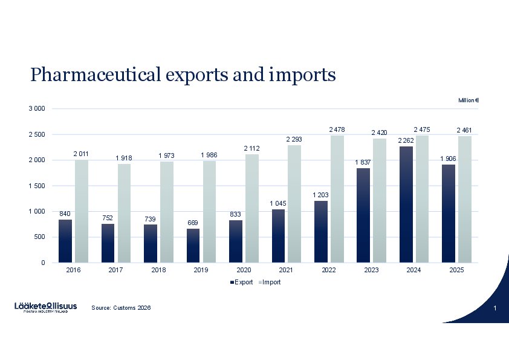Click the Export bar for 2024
(x=406, y=205)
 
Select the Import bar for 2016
(x=82, y=211)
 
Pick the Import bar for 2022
(x=337, y=199)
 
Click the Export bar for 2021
(x=278, y=236)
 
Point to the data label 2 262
(x=406, y=140)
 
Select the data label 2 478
(x=337, y=129)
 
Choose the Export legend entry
(x=242, y=282)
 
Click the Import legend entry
(x=269, y=282)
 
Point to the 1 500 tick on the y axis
(x=37, y=186)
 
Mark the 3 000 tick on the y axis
(x=37, y=108)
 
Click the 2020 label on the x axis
(x=244, y=270)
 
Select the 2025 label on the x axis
(x=456, y=270)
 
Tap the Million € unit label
(x=468, y=100)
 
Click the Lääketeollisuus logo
(x=46, y=307)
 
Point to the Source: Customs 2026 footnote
(x=121, y=308)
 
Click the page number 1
(x=494, y=310)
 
